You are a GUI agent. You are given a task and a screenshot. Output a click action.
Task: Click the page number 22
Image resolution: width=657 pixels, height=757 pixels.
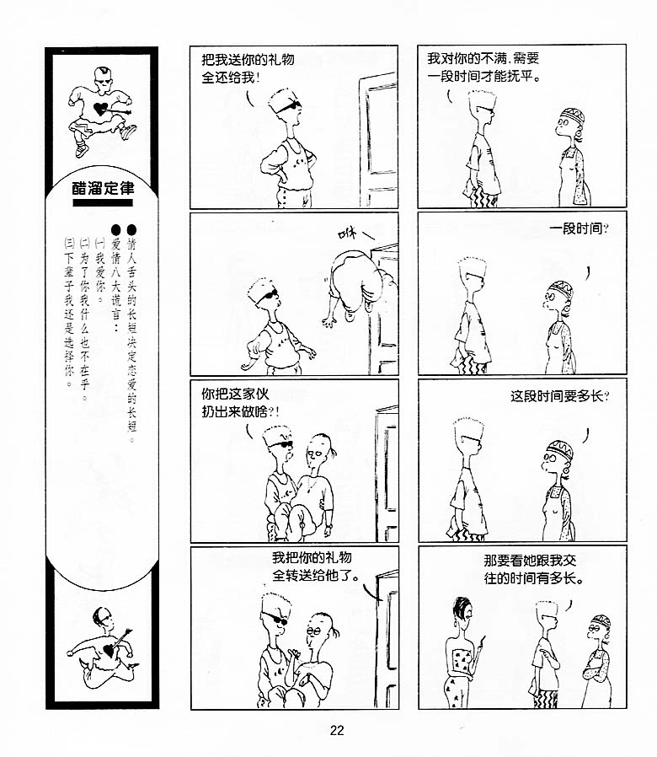337,731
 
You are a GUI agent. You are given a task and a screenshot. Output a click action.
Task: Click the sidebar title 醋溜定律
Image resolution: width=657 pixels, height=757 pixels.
103,188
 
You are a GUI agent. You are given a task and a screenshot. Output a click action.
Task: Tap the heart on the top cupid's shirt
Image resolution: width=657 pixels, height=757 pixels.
100,109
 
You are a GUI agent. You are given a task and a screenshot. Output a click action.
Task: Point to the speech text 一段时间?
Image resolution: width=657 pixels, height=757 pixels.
579,228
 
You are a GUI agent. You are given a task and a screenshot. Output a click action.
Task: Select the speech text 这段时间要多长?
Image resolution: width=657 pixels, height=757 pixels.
559,396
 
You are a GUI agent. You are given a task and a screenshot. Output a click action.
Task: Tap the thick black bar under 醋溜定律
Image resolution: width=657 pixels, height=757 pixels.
103,203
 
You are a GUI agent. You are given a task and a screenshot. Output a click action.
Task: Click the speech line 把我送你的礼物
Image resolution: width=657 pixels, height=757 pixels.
248,60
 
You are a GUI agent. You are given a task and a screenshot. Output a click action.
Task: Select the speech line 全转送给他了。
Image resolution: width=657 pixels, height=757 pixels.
316,576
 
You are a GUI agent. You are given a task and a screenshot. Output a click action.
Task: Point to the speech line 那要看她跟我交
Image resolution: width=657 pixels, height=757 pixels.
530,561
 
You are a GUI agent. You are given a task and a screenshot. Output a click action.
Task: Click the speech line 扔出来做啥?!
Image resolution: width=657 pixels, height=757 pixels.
240,412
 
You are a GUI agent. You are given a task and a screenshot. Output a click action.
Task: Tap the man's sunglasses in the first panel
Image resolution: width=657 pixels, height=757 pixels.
288,107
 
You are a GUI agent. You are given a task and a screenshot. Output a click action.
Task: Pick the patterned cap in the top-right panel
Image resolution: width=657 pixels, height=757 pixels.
573,115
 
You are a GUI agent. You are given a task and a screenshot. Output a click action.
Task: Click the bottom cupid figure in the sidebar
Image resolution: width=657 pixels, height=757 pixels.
104,647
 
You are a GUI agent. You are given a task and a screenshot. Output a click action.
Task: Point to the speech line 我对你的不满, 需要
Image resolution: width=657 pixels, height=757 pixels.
483,58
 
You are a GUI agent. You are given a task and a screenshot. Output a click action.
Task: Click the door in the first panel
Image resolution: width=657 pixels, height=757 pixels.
378,140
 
